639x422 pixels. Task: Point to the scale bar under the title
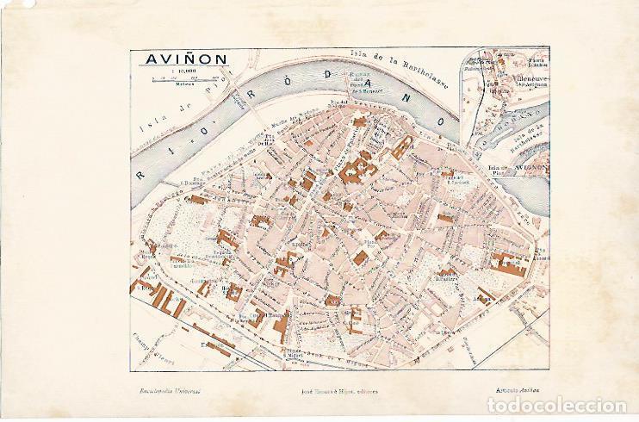tap(181, 81)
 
